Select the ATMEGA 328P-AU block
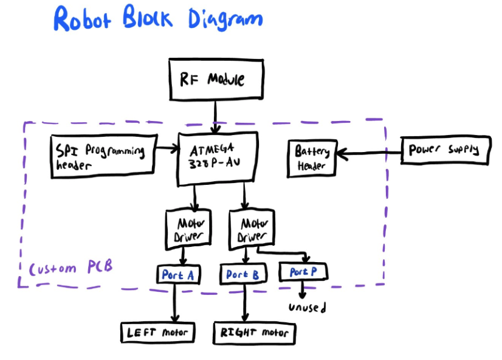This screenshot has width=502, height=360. (x=215, y=157)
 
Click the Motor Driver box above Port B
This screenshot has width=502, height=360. (x=250, y=229)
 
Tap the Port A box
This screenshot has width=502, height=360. (x=178, y=275)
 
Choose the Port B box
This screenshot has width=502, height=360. (x=242, y=275)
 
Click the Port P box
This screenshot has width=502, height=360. (x=303, y=271)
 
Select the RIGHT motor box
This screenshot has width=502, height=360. (x=254, y=333)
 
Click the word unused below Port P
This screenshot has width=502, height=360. (x=307, y=308)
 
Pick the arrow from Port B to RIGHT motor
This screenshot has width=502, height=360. (x=244, y=303)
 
